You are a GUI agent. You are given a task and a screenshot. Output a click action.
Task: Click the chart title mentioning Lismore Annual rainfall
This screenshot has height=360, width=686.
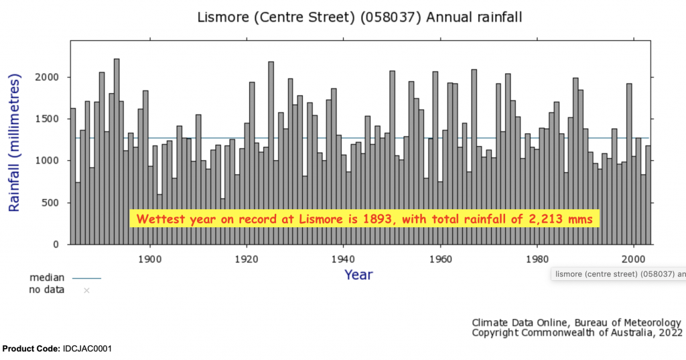coord(359,17)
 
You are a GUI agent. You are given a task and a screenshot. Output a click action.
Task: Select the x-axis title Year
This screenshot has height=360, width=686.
coord(358,274)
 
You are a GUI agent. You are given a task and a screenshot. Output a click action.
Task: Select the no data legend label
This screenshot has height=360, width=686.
coord(47,290)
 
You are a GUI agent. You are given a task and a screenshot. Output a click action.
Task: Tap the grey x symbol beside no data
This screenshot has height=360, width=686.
coord(86,290)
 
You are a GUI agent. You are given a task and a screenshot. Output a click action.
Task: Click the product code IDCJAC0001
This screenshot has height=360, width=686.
coord(88,349)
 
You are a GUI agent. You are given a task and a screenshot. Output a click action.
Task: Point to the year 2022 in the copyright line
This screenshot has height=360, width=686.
coord(670,333)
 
